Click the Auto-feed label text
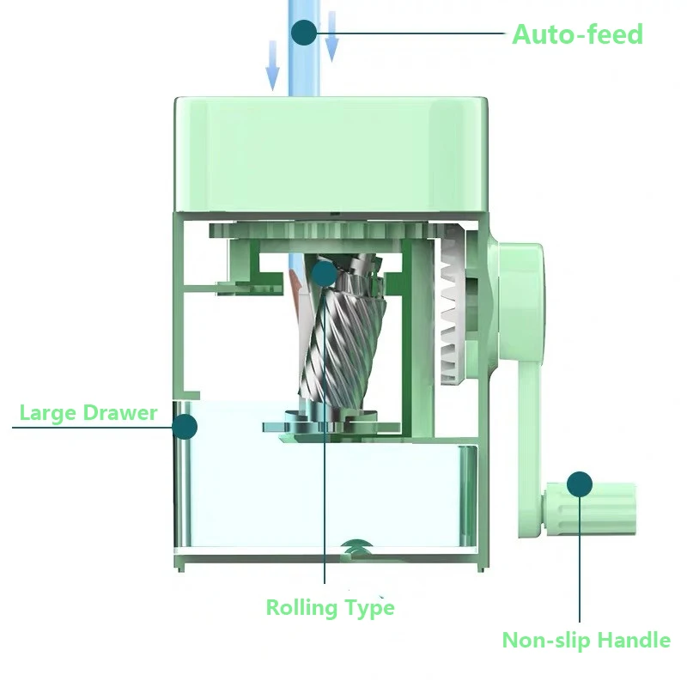coord(577,34)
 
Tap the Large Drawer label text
coord(88,412)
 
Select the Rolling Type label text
coord(330,608)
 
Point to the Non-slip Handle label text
coord(586,640)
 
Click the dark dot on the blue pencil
coord(304,33)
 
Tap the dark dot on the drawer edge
coord(185,426)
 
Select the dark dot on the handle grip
coord(581,483)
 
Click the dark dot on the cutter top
coord(324,273)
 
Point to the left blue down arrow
coord(272,66)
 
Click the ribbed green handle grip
coord(601,508)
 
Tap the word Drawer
coord(121,412)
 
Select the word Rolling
coord(301,608)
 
